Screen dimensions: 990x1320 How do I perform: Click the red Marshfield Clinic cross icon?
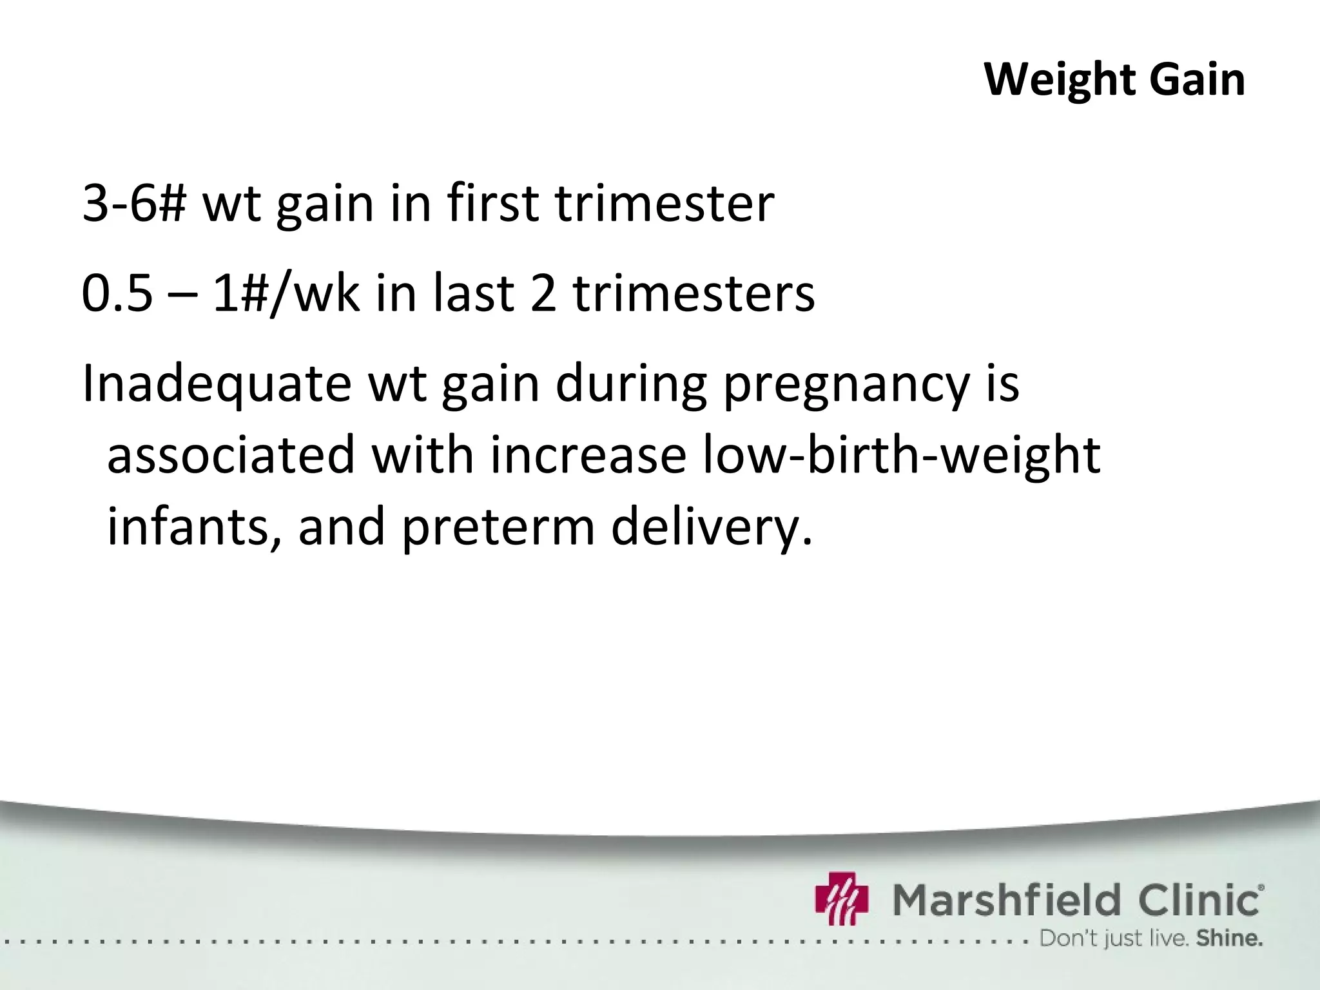[842, 898]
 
